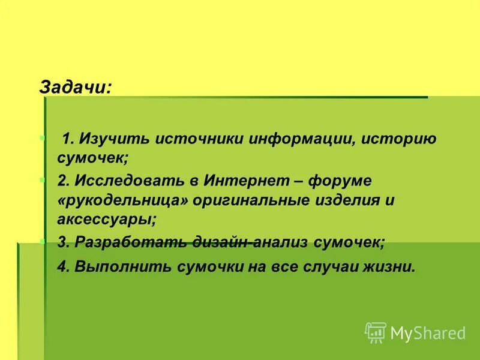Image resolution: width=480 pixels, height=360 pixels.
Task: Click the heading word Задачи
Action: [75, 86]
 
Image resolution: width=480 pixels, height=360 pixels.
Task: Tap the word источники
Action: [192, 139]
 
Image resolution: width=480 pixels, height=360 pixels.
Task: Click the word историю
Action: [398, 139]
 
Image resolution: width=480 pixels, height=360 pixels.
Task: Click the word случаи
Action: [340, 266]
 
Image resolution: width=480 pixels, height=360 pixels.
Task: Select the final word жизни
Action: [394, 266]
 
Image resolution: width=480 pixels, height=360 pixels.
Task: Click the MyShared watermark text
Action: [428, 332]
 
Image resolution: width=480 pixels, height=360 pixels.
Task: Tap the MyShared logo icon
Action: [376, 332]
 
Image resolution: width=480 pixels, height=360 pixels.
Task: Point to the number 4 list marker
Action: [62, 266]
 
